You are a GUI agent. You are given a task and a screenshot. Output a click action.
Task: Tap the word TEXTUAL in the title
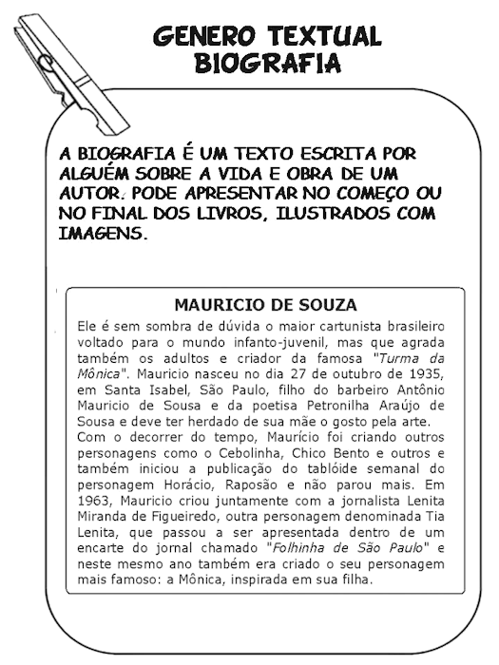tap(324, 37)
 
